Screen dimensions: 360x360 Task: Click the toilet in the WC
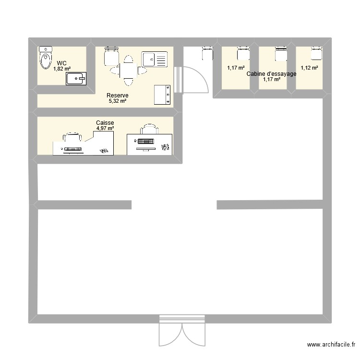click(x=46, y=58)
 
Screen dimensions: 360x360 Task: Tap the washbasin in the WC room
click(x=76, y=79)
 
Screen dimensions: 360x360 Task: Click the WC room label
click(x=61, y=63)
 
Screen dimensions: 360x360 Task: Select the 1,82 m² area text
click(x=62, y=69)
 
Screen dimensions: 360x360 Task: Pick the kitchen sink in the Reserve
click(x=154, y=60)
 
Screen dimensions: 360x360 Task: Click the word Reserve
click(x=117, y=96)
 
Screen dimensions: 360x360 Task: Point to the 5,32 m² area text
click(x=117, y=101)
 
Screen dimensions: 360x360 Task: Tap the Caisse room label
click(x=105, y=123)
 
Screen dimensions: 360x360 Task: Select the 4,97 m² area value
click(x=105, y=128)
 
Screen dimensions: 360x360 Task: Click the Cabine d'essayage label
click(x=271, y=74)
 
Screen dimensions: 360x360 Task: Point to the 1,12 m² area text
click(x=309, y=68)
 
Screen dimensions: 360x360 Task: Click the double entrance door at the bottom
click(x=182, y=331)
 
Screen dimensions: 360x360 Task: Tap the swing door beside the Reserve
click(x=194, y=80)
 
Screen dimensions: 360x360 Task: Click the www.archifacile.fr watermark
click(x=332, y=345)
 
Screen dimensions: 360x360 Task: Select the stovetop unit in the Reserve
click(x=162, y=95)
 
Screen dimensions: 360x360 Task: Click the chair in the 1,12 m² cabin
click(x=315, y=53)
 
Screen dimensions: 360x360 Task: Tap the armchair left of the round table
click(x=111, y=57)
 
